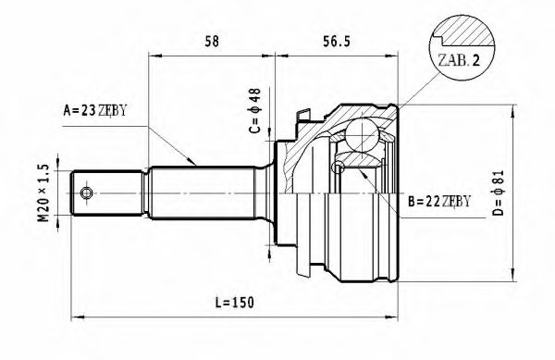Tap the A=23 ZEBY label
93,111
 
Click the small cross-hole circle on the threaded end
86,192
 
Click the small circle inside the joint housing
339,168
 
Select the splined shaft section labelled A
199,192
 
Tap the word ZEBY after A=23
109,111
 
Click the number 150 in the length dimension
242,303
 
